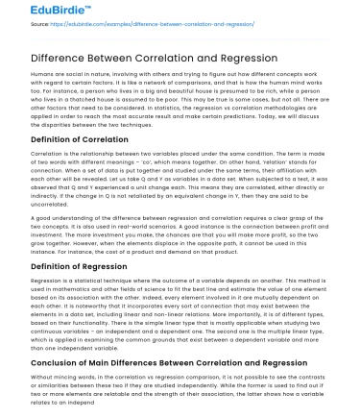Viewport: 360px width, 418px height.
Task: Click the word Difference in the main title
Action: [63, 58]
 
